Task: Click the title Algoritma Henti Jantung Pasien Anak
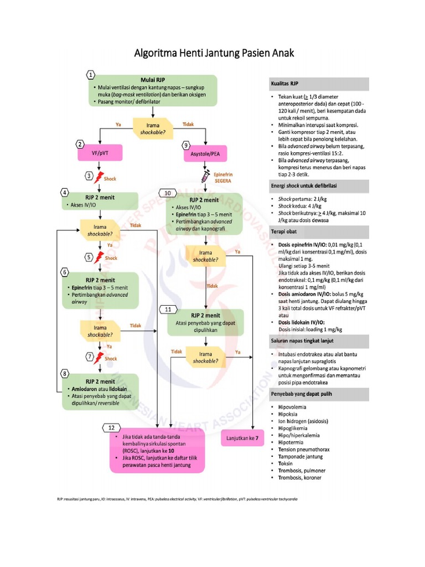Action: (x=215, y=54)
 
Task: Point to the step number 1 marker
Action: (x=90, y=74)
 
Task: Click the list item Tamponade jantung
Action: (x=300, y=457)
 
